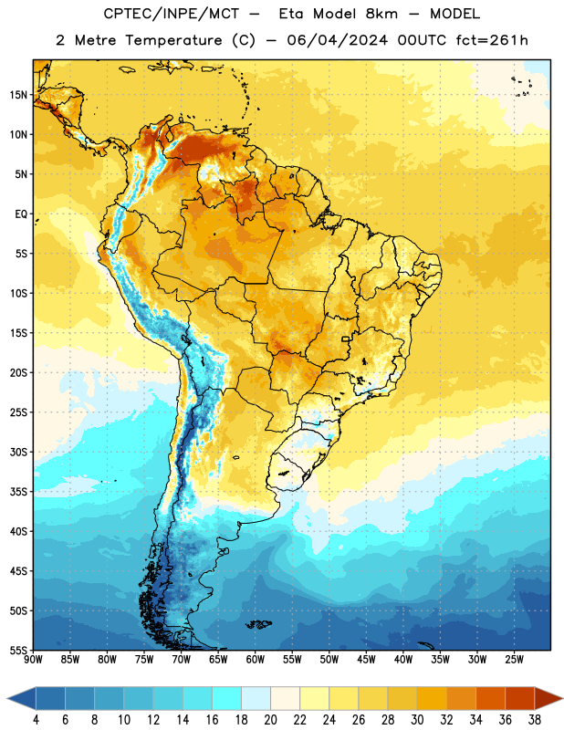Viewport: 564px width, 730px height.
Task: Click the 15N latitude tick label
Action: click(18, 95)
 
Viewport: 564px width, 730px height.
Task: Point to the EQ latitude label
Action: click(21, 214)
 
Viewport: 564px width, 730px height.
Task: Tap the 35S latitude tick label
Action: click(18, 492)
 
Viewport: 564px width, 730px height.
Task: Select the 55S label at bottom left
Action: click(18, 650)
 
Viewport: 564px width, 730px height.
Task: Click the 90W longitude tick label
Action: click(33, 660)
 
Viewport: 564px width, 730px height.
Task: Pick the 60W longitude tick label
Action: click(256, 660)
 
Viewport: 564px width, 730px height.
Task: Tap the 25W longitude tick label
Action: click(514, 660)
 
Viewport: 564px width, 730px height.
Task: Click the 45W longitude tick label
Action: click(366, 660)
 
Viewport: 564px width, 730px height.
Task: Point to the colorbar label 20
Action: click(270, 720)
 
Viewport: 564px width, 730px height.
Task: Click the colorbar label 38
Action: click(535, 720)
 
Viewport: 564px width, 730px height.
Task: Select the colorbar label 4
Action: click(36, 720)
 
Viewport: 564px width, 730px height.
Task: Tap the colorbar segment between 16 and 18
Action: click(227, 698)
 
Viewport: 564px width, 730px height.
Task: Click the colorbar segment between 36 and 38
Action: click(520, 698)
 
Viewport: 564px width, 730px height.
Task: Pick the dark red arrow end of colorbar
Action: click(548, 698)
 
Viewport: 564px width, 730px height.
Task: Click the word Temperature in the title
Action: click(173, 40)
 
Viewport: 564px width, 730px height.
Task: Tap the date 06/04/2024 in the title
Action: click(337, 40)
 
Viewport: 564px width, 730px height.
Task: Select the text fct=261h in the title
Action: click(492, 40)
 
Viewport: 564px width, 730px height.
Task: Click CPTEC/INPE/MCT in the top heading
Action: click(171, 14)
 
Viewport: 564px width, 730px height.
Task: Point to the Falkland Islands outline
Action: click(258, 624)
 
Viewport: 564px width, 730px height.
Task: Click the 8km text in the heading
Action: click(381, 14)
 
